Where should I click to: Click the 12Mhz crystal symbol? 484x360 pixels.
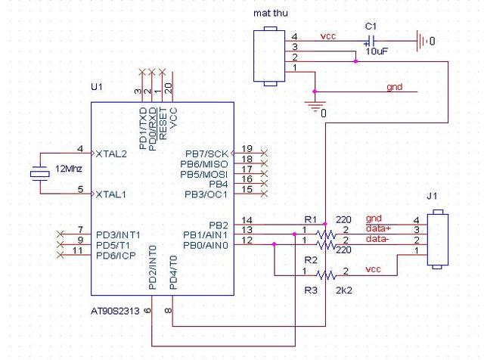pyautogui.click(x=40, y=175)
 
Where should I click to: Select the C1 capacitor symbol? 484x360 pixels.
pyautogui.click(x=371, y=41)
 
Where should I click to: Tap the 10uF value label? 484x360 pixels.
pyautogui.click(x=377, y=51)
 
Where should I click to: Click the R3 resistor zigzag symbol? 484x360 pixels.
pyautogui.click(x=326, y=275)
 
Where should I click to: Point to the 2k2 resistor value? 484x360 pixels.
pyautogui.click(x=344, y=290)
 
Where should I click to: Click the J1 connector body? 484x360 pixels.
pyautogui.click(x=437, y=239)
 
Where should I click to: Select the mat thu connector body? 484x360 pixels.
pyautogui.click(x=269, y=56)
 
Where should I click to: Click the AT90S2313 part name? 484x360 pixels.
pyautogui.click(x=115, y=311)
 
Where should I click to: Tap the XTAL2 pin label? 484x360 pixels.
pyautogui.click(x=111, y=154)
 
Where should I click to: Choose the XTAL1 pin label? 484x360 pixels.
pyautogui.click(x=111, y=194)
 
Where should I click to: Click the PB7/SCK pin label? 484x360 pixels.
pyautogui.click(x=206, y=154)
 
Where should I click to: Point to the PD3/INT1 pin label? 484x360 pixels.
pyautogui.click(x=118, y=235)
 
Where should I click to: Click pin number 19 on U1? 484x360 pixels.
pyautogui.click(x=247, y=149)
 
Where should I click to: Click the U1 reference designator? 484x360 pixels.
pyautogui.click(x=97, y=87)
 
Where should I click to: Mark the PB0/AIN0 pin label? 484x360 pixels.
pyautogui.click(x=206, y=246)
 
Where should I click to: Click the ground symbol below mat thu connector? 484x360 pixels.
pyautogui.click(x=315, y=106)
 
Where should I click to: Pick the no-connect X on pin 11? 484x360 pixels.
pyautogui.click(x=60, y=254)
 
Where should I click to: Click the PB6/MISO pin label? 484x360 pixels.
pyautogui.click(x=204, y=164)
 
